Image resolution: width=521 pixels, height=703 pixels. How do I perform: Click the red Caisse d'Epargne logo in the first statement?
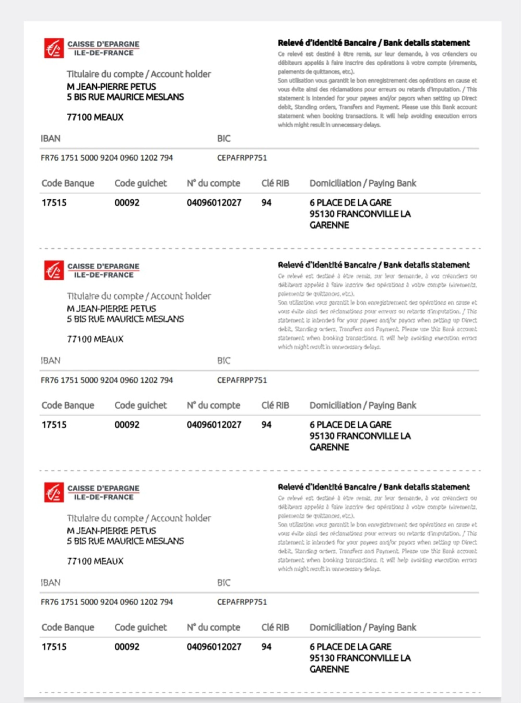pos(54,48)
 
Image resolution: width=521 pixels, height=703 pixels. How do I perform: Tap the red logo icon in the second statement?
pos(54,270)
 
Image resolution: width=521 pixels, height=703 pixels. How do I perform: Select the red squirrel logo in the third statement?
pos(54,492)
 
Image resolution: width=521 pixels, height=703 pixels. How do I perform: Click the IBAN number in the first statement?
pos(107,158)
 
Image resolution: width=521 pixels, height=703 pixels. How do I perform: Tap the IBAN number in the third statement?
pos(107,602)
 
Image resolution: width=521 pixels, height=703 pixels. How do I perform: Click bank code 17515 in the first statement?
pos(54,203)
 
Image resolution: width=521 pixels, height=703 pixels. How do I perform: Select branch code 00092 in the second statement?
pos(127,425)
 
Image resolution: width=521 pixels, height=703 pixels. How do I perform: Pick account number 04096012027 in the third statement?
pos(214,647)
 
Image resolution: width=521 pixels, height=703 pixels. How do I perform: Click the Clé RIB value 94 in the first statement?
pos(266,203)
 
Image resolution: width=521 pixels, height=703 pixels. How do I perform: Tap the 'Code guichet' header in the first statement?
pos(140,183)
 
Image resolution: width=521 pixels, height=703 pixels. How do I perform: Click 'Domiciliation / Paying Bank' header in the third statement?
pos(363,627)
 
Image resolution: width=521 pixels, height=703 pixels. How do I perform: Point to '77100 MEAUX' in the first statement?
pos(95,117)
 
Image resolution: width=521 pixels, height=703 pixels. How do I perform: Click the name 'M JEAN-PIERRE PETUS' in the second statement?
pos(111,309)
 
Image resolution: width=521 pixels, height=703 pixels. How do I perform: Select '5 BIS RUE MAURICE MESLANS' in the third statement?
pos(125,541)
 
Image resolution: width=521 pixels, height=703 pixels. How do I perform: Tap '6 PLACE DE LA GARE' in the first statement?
pos(350,203)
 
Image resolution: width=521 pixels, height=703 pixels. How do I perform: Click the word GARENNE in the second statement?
pos(329,447)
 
